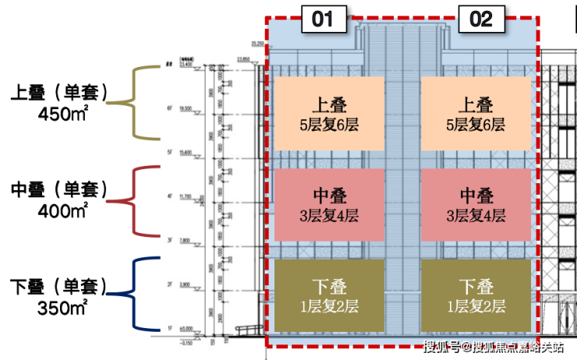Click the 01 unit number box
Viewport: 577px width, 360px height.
323,19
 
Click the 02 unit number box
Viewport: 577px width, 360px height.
480,19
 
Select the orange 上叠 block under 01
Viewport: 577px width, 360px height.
328,114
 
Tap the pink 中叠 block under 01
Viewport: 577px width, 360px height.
328,205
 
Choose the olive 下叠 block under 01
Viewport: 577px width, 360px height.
328,295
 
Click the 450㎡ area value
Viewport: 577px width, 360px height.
63,113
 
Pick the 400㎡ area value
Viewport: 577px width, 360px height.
63,210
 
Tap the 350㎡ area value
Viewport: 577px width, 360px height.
63,306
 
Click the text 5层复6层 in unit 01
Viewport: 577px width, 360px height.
328,125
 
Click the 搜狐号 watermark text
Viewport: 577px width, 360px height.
441,346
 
